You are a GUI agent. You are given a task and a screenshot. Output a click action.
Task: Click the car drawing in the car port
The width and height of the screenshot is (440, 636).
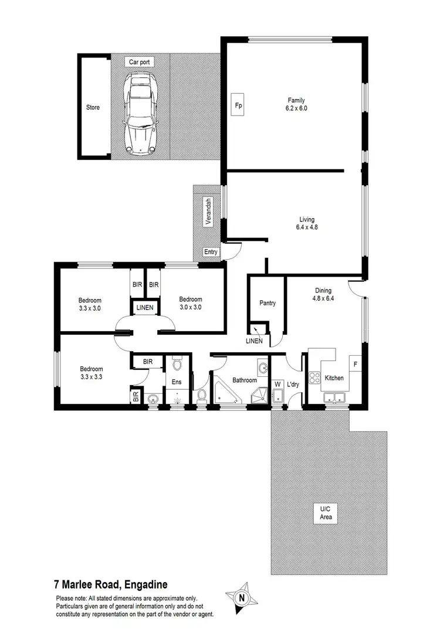click(141, 114)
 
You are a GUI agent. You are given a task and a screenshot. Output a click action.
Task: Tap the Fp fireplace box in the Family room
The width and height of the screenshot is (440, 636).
click(238, 106)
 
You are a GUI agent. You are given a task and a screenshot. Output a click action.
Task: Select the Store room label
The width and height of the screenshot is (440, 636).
click(93, 107)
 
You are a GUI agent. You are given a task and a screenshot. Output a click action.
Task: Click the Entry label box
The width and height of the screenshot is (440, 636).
click(211, 252)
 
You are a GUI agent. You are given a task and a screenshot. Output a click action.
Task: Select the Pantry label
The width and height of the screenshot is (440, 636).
click(268, 303)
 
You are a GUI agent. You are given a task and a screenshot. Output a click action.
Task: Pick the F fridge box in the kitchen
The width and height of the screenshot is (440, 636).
click(355, 364)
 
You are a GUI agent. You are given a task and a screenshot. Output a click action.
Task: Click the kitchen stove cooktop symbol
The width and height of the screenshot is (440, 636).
click(313, 378)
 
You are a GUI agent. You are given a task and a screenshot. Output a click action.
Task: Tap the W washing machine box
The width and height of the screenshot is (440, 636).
click(277, 385)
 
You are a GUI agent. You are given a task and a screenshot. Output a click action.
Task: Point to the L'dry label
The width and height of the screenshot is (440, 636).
click(293, 385)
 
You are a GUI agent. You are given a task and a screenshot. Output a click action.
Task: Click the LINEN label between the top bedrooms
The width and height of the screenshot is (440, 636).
click(146, 308)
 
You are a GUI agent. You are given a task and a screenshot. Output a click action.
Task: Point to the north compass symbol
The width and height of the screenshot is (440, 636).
click(241, 598)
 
